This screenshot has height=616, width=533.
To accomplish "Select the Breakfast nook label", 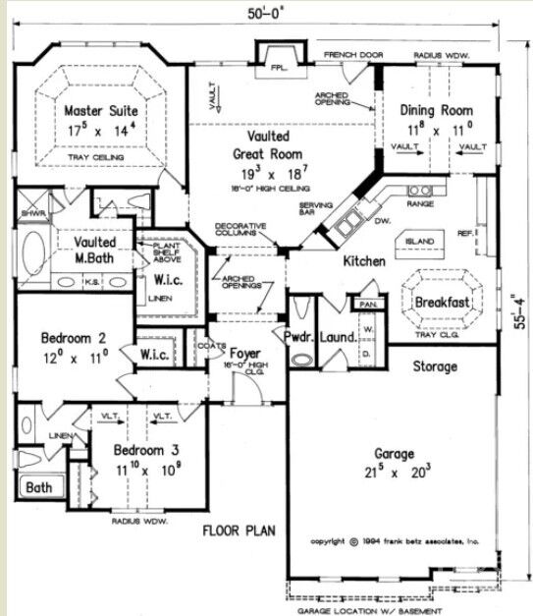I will pyautogui.click(x=441, y=302).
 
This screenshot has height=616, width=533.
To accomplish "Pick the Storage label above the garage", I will pyautogui.click(x=434, y=366).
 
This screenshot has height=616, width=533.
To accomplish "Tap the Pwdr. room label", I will pyautogui.click(x=298, y=337).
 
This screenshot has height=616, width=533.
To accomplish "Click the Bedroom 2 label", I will pyautogui.click(x=75, y=339).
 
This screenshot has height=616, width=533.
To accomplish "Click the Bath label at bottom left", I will pyautogui.click(x=39, y=486).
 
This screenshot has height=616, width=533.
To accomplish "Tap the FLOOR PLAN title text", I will pyautogui.click(x=239, y=532).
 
